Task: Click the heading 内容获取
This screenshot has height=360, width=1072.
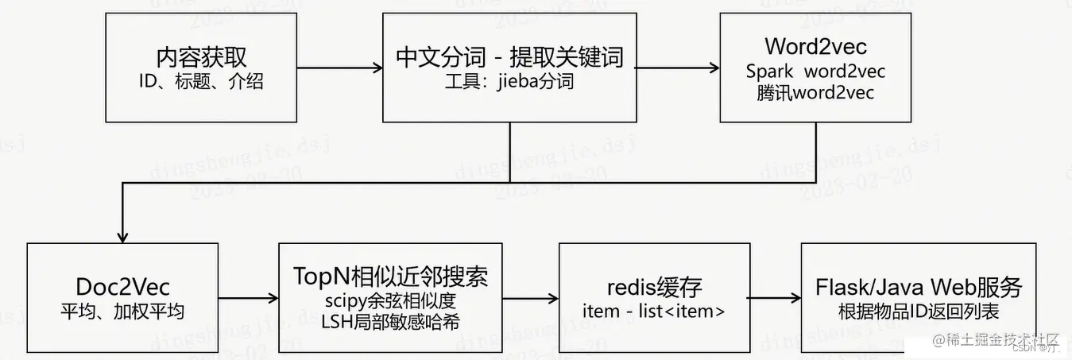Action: click(202, 57)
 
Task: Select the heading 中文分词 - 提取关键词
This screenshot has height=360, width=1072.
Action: click(509, 57)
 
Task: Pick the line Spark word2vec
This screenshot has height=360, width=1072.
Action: click(815, 71)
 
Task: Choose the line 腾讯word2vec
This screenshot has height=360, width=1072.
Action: click(815, 92)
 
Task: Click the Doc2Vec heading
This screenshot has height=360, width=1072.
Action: click(122, 286)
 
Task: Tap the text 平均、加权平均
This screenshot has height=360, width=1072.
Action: click(122, 310)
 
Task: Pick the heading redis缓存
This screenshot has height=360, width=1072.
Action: click(654, 287)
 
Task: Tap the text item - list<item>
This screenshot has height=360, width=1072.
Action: click(654, 311)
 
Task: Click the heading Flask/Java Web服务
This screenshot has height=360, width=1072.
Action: click(919, 287)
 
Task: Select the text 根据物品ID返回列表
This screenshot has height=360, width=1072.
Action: click(919, 311)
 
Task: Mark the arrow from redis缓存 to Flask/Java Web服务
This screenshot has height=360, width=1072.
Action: click(775, 298)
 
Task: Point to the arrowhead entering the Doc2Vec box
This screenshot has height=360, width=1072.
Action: click(122, 236)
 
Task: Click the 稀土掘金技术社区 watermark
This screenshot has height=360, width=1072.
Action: click(997, 339)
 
